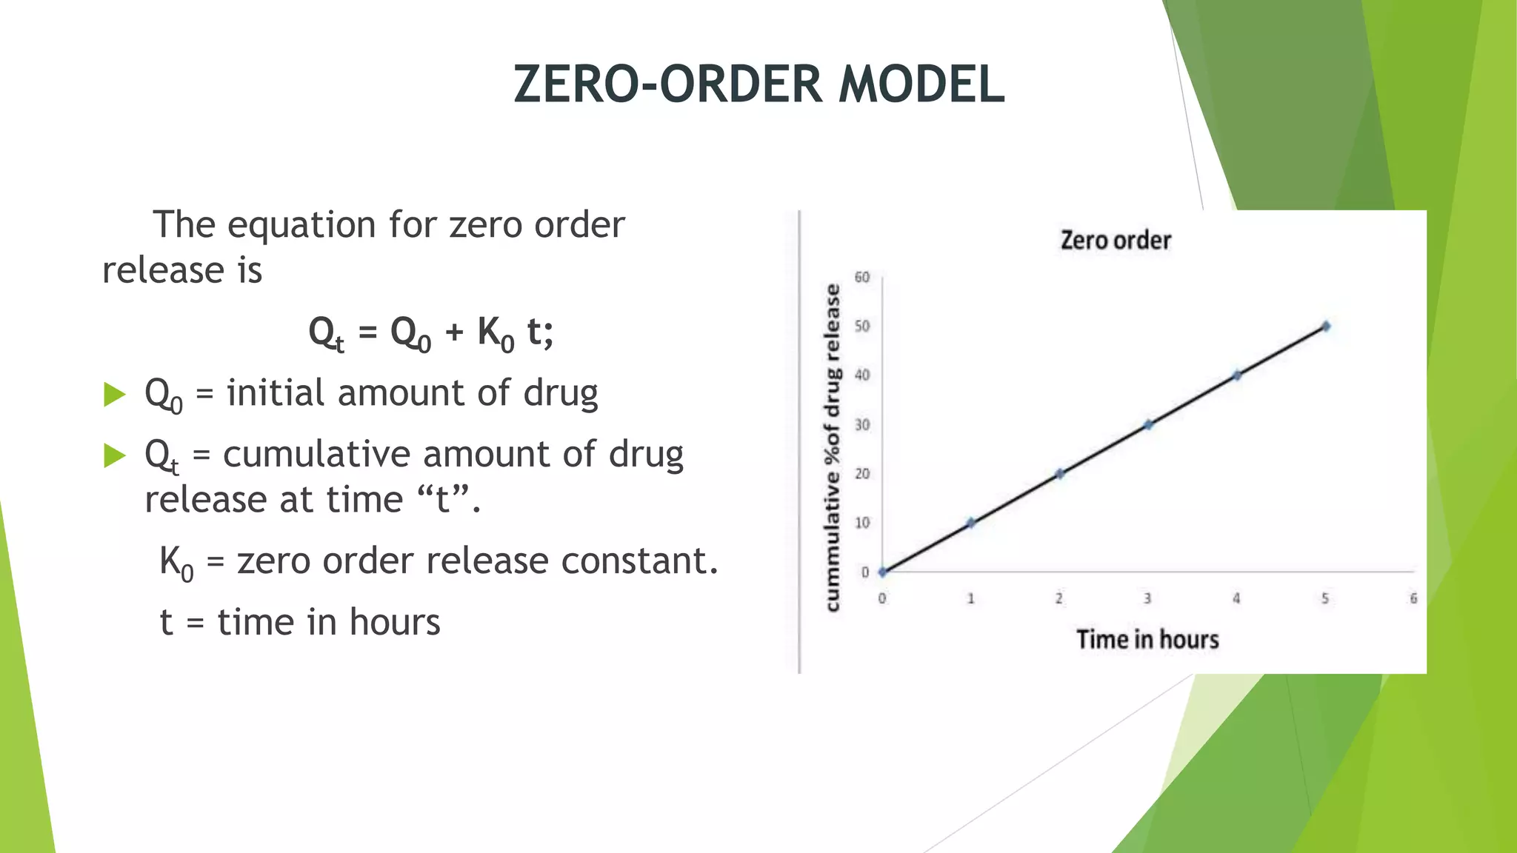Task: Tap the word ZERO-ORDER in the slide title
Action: pos(667,84)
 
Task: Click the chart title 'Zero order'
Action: pos(1116,241)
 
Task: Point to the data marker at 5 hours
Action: pos(1325,326)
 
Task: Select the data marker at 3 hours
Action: pos(1148,424)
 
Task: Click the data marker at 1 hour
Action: pos(971,523)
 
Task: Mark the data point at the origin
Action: pos(882,572)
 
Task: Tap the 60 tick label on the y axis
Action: pos(862,278)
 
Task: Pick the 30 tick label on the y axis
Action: pos(862,425)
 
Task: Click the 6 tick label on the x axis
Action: pos(1413,598)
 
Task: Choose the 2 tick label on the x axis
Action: pos(1059,598)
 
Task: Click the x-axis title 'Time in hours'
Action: pos(1147,640)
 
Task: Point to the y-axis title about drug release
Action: pos(833,447)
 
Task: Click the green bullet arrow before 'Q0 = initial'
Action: pos(115,394)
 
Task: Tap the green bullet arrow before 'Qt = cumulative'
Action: pos(115,455)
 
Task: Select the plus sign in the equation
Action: pos(454,332)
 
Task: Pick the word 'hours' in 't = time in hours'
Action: pos(395,622)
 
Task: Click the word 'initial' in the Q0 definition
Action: pos(276,392)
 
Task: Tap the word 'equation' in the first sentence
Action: pos(301,225)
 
